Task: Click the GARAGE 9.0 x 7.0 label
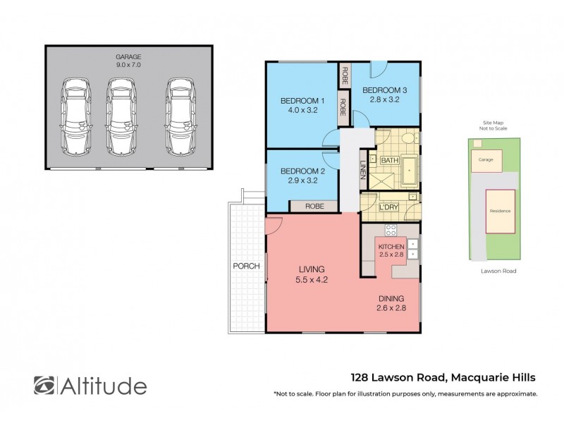click(x=128, y=61)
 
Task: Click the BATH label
click(x=389, y=161)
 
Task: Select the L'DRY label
click(x=388, y=207)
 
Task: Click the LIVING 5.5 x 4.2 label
click(x=311, y=274)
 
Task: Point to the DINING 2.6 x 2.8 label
click(x=390, y=304)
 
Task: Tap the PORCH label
click(x=247, y=266)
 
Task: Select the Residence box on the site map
click(x=501, y=211)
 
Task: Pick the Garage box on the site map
click(x=486, y=160)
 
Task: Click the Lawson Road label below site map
click(x=494, y=270)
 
